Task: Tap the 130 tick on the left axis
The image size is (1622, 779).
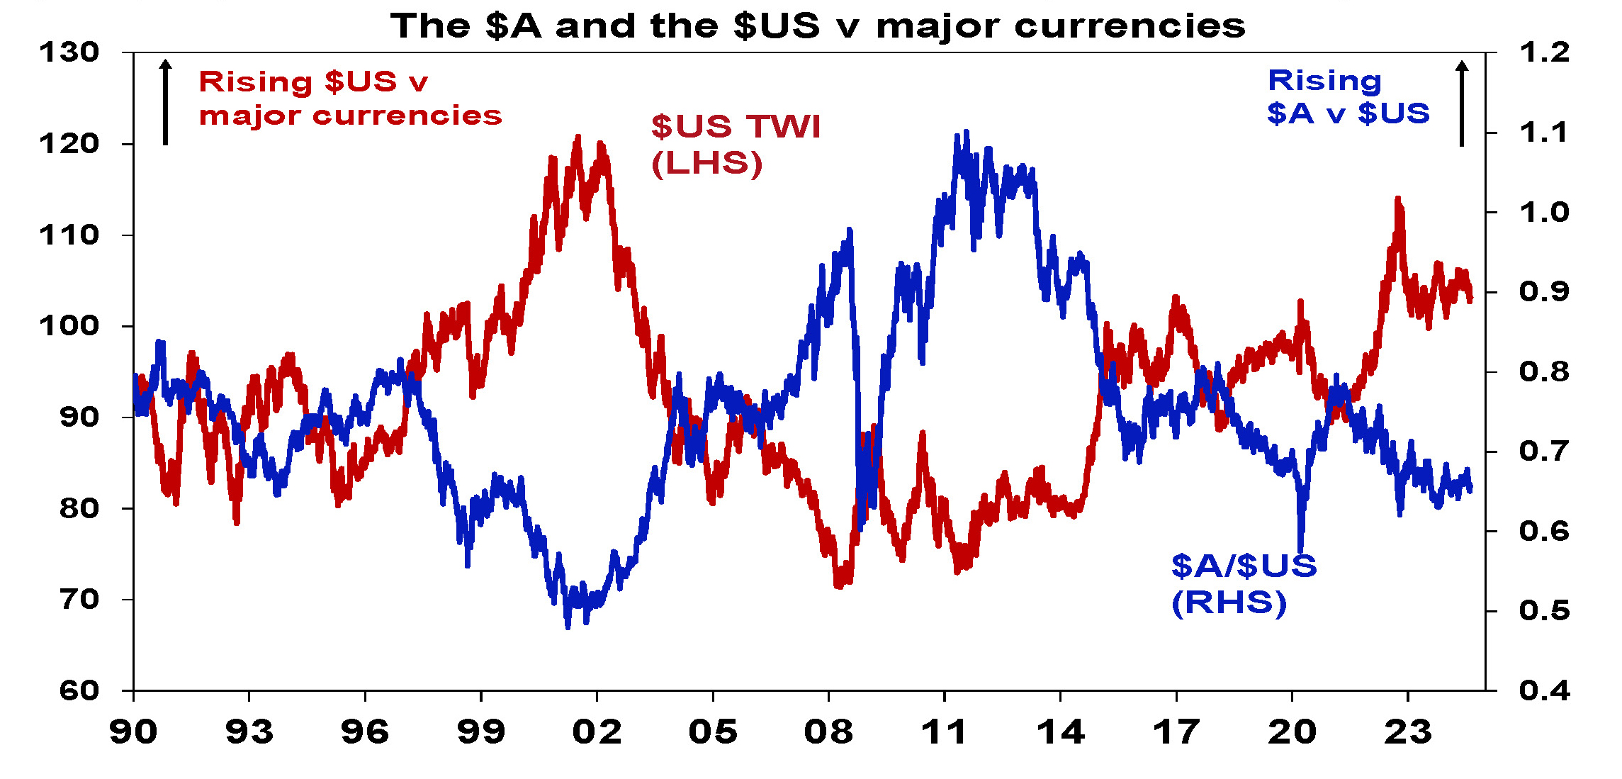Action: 69,52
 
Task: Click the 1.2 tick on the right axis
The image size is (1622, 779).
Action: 1544,52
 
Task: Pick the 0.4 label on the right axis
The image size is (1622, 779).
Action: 1544,690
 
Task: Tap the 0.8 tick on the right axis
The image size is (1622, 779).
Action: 1544,371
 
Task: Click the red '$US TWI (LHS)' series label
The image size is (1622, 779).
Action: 736,145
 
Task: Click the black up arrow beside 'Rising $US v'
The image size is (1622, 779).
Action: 165,102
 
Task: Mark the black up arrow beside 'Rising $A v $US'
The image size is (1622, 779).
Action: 1462,103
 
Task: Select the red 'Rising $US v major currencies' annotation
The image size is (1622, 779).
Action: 350,99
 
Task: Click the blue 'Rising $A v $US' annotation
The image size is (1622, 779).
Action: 1348,97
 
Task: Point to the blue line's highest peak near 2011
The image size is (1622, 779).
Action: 965,133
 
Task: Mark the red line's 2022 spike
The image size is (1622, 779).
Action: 1397,200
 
